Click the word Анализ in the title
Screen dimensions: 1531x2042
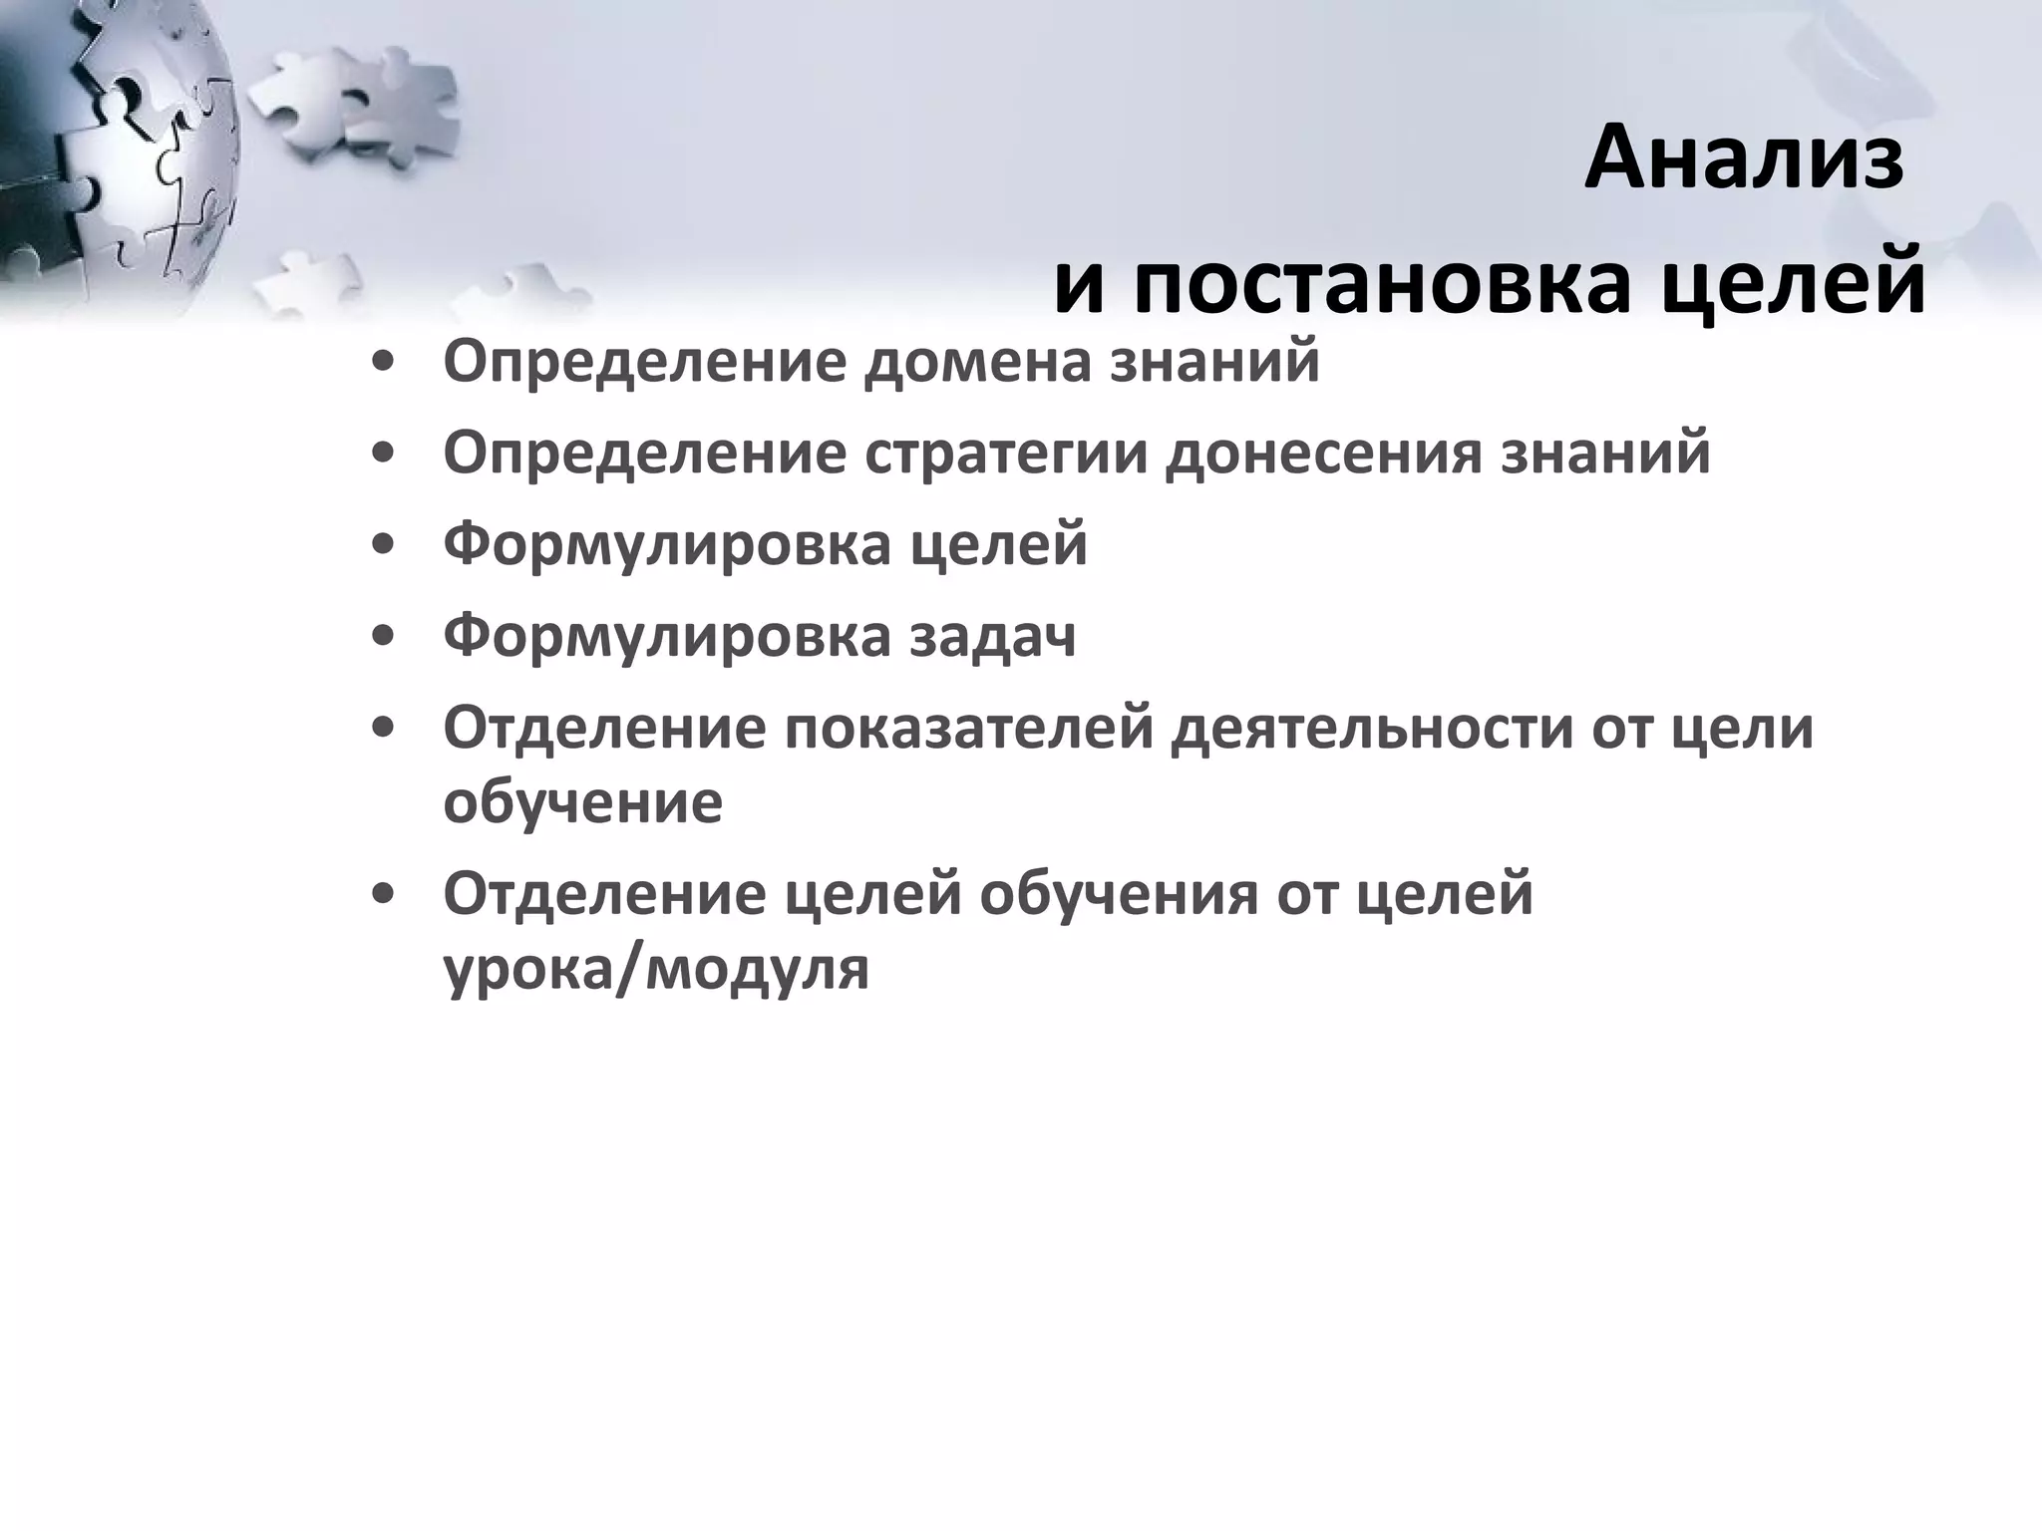click(1744, 159)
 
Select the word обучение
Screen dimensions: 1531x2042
click(582, 802)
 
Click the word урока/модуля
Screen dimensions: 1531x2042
click(656, 969)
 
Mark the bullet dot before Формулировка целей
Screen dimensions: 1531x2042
click(381, 545)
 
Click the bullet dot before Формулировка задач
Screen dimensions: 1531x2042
click(381, 637)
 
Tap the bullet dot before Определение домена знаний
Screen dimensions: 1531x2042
click(381, 362)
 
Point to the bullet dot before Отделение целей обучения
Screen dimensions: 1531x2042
click(381, 894)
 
